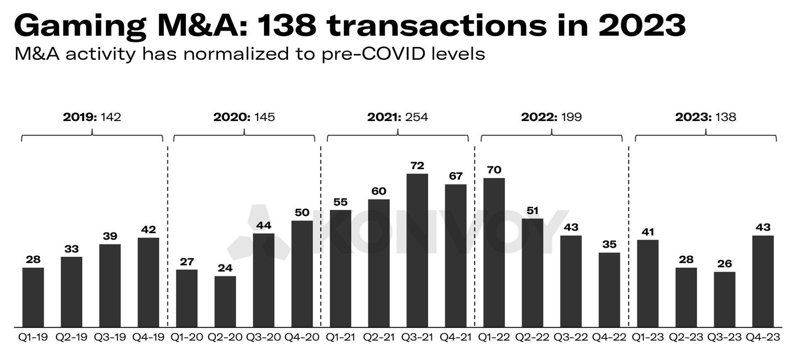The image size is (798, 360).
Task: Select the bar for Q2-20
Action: click(225, 301)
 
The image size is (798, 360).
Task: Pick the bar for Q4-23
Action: click(763, 281)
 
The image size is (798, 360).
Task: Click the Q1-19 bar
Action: click(33, 297)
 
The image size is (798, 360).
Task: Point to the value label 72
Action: click(417, 166)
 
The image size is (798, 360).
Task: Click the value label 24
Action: click(225, 268)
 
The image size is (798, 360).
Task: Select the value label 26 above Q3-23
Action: click(724, 264)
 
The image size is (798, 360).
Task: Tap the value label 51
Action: click(532, 211)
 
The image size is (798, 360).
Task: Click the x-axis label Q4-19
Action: click(148, 337)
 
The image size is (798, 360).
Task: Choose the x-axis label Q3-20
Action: click(264, 337)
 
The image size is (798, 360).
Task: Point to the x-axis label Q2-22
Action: click(532, 337)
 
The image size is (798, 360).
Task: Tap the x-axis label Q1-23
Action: click(648, 337)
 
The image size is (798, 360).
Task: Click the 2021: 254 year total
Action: click(397, 117)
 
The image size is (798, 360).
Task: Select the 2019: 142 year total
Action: click(92, 117)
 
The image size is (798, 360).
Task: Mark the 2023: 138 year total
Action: click(705, 117)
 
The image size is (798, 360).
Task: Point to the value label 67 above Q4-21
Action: click(456, 176)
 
